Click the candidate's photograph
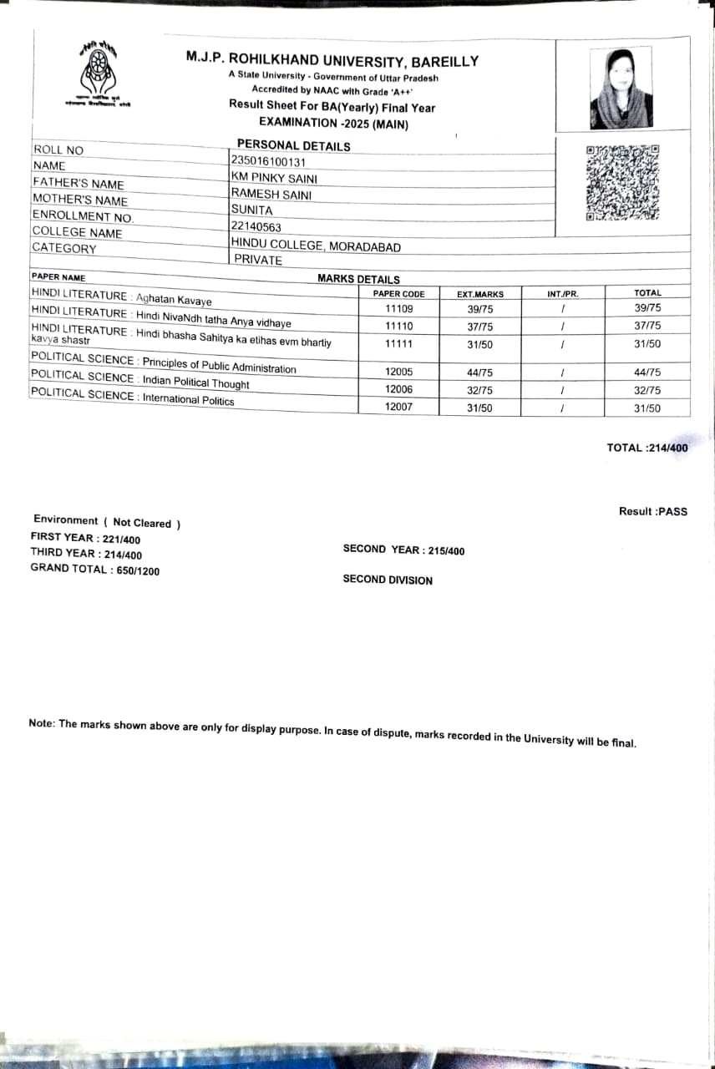click(621, 87)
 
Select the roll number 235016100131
click(268, 162)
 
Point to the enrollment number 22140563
click(256, 226)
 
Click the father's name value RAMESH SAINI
click(271, 194)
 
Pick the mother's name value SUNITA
click(252, 210)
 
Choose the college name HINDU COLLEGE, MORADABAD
click(316, 246)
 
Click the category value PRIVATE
click(258, 260)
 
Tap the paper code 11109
click(399, 308)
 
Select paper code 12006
click(399, 389)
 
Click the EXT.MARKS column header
click(480, 294)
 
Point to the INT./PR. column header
click(563, 294)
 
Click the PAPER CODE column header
click(398, 294)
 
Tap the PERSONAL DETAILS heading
click(294, 145)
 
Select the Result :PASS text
click(653, 511)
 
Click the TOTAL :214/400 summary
click(647, 448)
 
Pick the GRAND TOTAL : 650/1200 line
click(95, 570)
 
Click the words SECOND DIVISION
click(388, 580)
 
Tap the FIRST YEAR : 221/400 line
click(85, 539)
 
